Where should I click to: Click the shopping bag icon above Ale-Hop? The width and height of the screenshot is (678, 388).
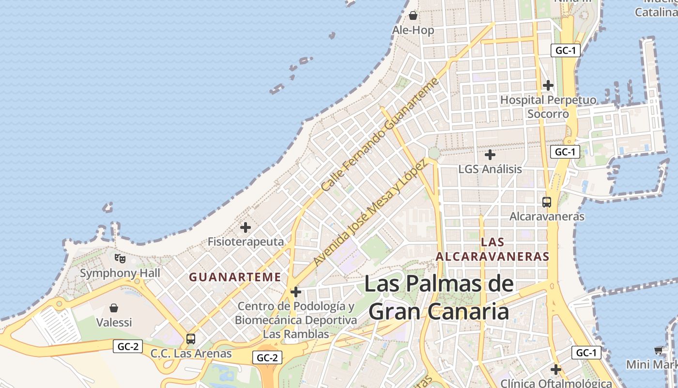tap(413, 16)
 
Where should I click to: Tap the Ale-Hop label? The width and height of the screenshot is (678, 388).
tap(413, 30)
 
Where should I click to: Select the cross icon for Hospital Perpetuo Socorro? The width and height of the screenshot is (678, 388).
tap(548, 85)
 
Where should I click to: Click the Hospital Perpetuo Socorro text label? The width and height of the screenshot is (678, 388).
tap(548, 107)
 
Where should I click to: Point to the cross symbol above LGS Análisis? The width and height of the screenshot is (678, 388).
tap(490, 155)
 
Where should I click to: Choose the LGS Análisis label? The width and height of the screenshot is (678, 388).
tap(490, 169)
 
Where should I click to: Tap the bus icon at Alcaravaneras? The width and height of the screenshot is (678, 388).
tap(547, 202)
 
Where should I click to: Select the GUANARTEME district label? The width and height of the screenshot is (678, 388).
tap(235, 277)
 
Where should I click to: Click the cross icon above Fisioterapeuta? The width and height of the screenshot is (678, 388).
tap(246, 227)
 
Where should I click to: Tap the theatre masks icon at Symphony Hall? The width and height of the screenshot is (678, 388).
tap(120, 259)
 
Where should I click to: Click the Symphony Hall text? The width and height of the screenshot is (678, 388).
tap(120, 273)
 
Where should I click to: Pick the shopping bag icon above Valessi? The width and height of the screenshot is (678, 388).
tap(114, 308)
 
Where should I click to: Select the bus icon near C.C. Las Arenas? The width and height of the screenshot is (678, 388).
tap(191, 339)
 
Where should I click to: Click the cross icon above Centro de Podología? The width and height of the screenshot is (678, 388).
tap(296, 292)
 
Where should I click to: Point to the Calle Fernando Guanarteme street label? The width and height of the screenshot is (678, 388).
tap(380, 134)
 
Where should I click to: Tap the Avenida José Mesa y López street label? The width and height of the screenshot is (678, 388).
tap(370, 212)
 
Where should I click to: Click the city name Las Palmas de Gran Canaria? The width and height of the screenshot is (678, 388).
tap(438, 298)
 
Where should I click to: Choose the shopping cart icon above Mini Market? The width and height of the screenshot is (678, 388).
tap(659, 350)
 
